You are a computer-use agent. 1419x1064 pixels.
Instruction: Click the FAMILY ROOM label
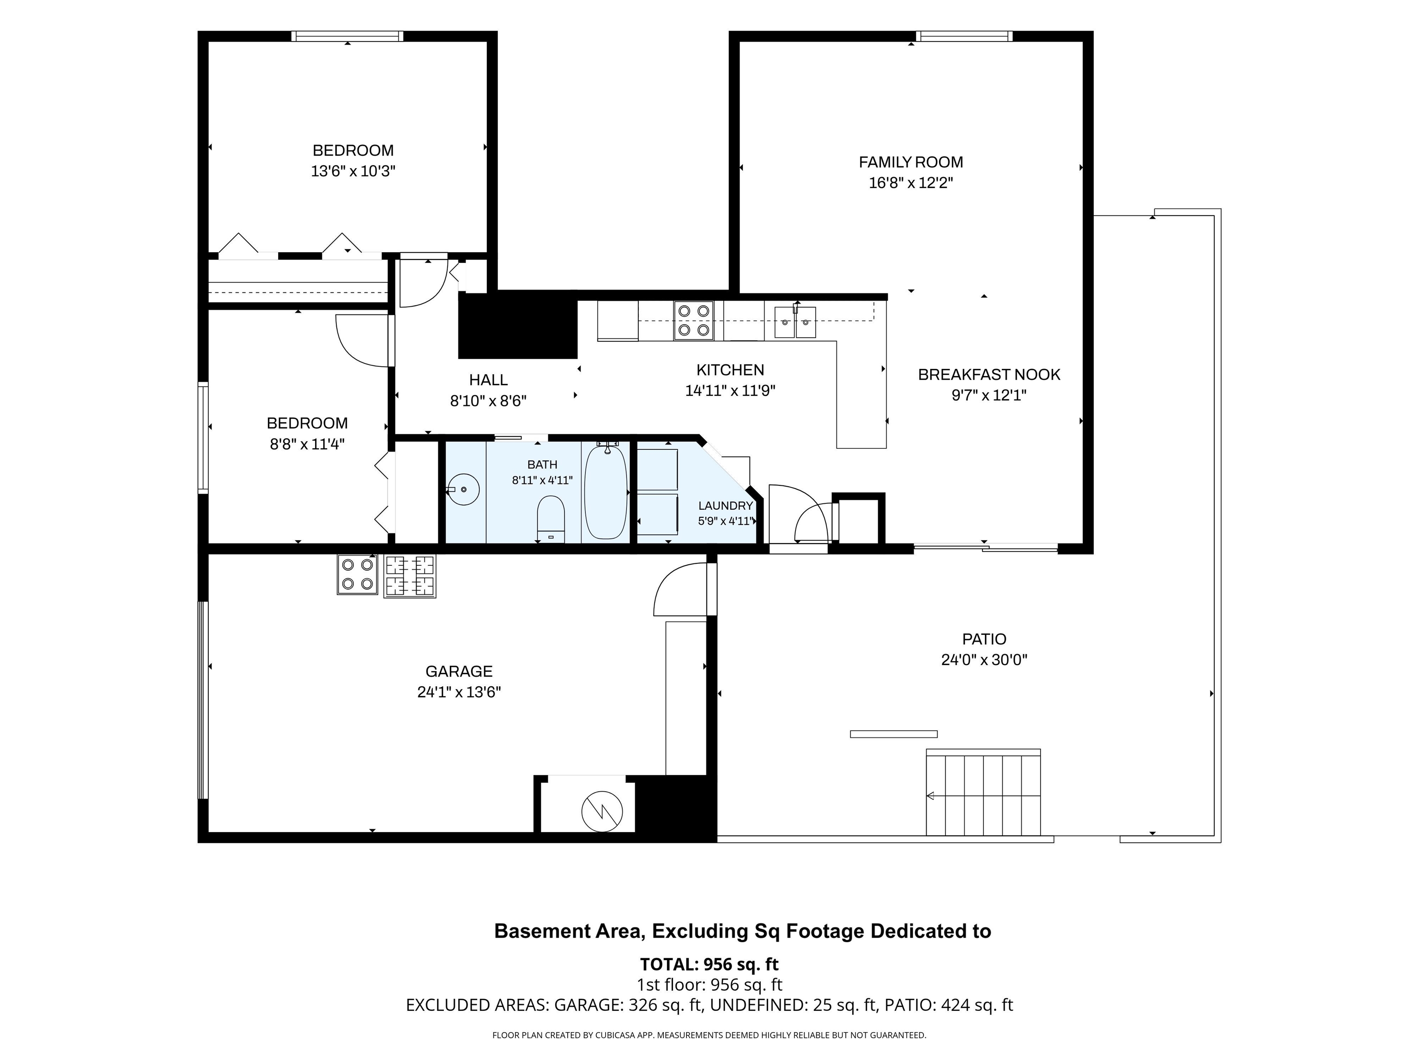pos(911,162)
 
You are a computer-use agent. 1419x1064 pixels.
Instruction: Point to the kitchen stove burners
pos(693,320)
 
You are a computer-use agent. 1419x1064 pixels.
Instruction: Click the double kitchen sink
pos(795,322)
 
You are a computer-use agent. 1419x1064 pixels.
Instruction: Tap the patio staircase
pos(983,793)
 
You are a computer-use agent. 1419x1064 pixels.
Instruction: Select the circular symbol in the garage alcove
pos(602,811)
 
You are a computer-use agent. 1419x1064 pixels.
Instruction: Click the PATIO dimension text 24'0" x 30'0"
pos(984,660)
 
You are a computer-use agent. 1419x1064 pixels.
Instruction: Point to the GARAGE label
pos(459,671)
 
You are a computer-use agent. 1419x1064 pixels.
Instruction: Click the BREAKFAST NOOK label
pos(989,375)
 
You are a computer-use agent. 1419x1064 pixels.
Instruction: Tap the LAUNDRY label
pos(726,505)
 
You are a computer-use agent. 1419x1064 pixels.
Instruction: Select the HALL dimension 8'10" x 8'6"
pos(488,401)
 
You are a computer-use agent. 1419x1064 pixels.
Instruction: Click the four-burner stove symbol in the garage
pos(358,574)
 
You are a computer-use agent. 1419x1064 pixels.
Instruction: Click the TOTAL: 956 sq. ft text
pos(709,964)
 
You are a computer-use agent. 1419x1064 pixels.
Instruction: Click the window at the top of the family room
pos(964,36)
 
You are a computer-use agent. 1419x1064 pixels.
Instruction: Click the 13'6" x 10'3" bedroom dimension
pos(353,171)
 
